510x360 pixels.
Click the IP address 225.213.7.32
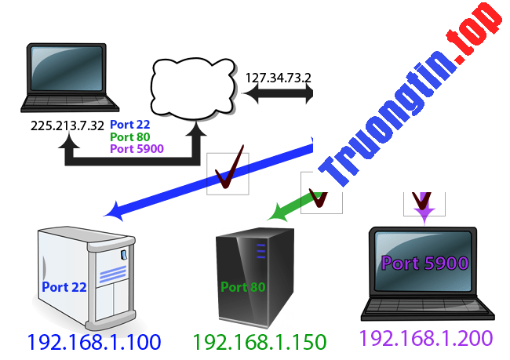(67, 124)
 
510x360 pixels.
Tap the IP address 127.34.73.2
(279, 78)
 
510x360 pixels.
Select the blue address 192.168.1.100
(93, 342)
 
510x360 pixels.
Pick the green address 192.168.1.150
(259, 342)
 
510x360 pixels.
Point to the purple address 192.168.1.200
(426, 338)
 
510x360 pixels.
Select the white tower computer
(86, 275)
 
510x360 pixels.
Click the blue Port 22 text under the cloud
(130, 125)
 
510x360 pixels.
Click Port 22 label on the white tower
(64, 287)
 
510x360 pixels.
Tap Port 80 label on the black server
(243, 287)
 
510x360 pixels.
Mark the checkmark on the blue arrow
(227, 174)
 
